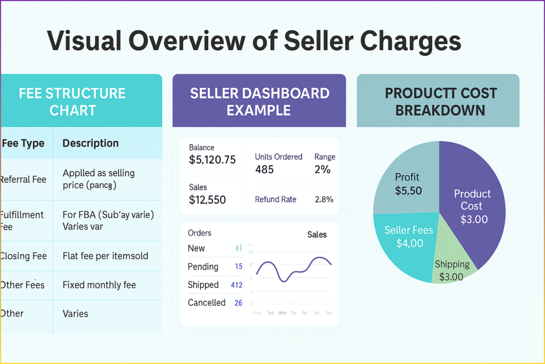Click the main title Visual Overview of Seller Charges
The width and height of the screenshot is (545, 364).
254,41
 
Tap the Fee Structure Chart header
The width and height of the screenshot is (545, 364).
72,101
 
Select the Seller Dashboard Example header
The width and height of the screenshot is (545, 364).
259,101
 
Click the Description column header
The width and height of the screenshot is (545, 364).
90,143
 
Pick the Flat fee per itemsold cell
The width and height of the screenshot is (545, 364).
105,256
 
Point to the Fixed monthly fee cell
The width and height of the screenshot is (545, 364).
99,285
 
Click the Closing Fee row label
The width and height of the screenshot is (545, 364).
23,256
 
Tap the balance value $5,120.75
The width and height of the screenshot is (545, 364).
212,159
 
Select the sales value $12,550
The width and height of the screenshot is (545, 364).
207,200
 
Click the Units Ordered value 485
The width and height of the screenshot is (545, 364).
265,169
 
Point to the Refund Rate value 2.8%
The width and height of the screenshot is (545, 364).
324,199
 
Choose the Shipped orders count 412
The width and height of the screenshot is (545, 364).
236,285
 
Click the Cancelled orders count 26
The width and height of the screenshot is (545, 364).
238,303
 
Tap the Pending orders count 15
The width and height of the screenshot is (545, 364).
238,266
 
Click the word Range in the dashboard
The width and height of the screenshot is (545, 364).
325,157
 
